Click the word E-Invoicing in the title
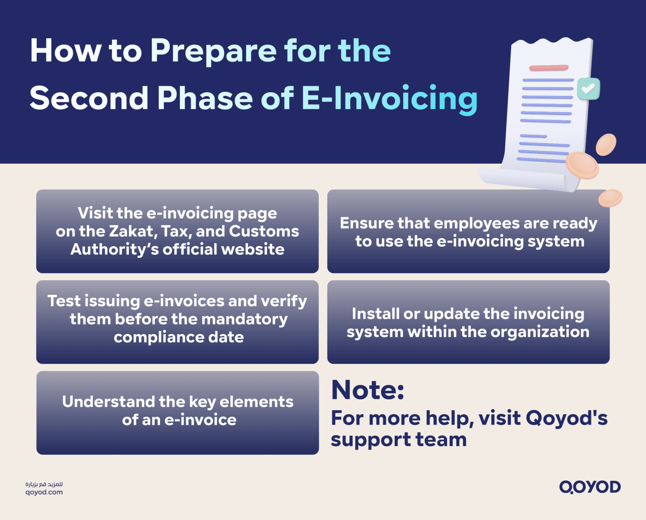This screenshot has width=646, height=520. [389, 98]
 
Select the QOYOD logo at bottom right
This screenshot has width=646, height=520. [589, 487]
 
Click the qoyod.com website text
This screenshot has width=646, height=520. [44, 492]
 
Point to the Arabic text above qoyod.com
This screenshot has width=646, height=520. [44, 484]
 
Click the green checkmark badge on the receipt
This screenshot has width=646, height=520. [588, 88]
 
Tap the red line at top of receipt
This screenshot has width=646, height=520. [549, 68]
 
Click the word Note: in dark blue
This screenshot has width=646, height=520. [367, 390]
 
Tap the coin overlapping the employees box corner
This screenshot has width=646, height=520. [610, 198]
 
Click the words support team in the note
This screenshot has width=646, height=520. [399, 439]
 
